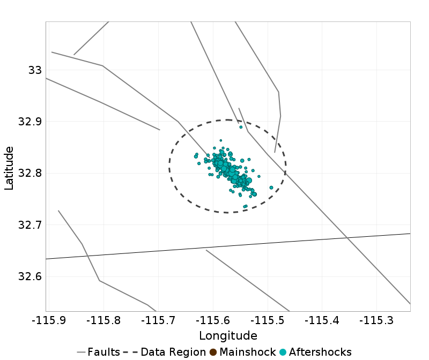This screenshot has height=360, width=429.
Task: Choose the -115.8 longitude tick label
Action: click(102, 320)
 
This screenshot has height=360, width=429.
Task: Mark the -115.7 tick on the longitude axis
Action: click(158, 320)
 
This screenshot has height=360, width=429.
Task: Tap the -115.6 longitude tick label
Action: click(214, 320)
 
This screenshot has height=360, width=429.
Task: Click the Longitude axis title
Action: click(228, 336)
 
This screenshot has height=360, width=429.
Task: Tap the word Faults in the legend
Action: click(103, 352)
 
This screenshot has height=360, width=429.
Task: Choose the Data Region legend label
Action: click(173, 352)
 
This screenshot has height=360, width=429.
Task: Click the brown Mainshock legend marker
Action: click(213, 352)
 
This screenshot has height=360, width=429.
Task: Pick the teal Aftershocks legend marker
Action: click(283, 352)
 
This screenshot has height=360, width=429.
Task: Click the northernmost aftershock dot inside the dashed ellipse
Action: click(241, 127)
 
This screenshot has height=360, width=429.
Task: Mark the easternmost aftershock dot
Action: click(271, 187)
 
